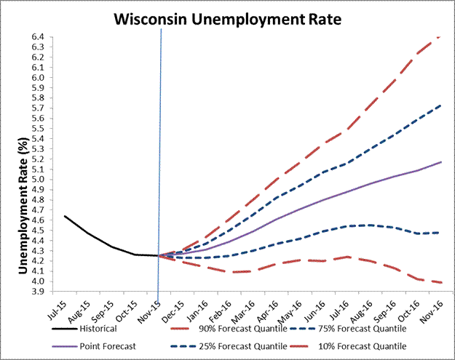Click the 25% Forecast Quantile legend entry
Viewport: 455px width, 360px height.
pos(232,346)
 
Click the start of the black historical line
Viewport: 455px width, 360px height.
pos(65,216)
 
